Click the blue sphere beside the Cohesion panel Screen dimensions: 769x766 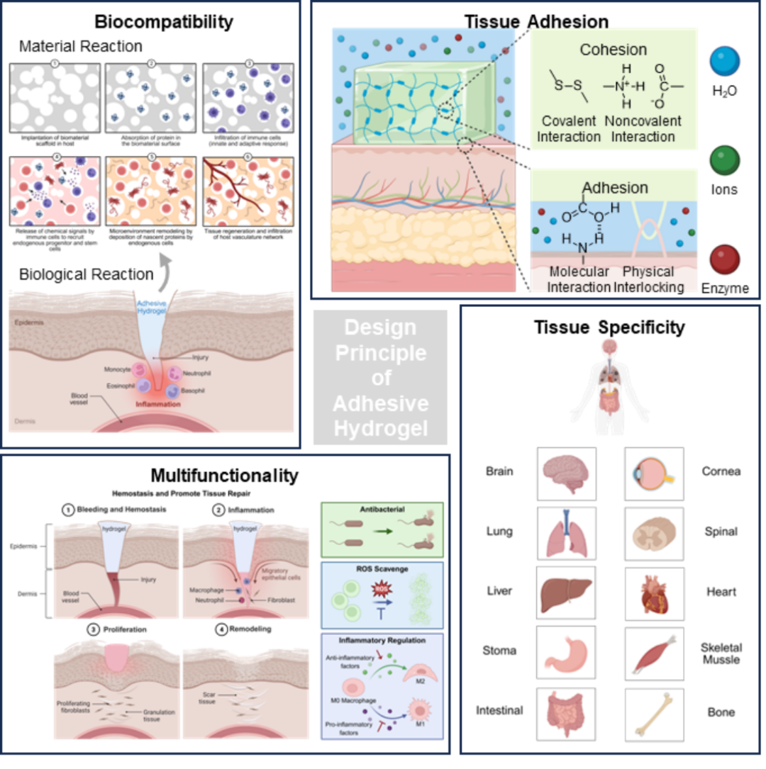coord(725,61)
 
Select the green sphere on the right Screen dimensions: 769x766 coord(725,160)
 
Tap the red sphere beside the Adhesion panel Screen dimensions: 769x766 coord(725,259)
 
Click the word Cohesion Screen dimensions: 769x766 coord(613,50)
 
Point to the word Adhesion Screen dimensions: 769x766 coord(614,188)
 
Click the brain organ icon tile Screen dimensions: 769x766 coord(566,473)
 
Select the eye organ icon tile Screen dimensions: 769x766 coord(654,473)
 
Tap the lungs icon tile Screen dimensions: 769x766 coord(566,533)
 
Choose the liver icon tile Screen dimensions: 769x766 coord(566,594)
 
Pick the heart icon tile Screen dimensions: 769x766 coord(654,594)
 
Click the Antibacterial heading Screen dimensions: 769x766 coord(382,510)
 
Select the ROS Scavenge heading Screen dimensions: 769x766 coord(382,569)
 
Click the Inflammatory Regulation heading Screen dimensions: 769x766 coord(382,641)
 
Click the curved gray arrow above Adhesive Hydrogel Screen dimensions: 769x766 coord(165,267)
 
